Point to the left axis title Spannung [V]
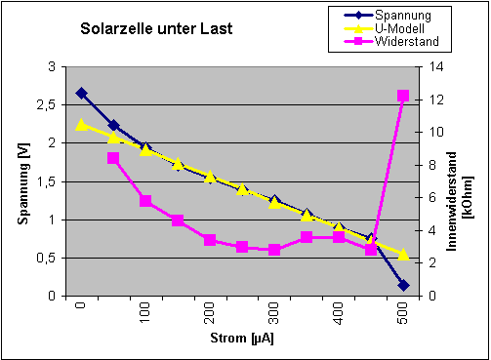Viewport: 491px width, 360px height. pyautogui.click(x=23, y=181)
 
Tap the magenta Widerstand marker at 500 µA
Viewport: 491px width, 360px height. pyautogui.click(x=403, y=96)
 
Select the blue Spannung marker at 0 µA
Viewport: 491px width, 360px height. pyautogui.click(x=81, y=93)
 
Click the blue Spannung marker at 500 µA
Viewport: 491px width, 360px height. pyautogui.click(x=403, y=285)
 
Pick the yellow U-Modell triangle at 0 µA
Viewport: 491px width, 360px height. pyautogui.click(x=81, y=124)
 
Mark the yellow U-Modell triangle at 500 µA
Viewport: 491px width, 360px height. pyautogui.click(x=403, y=254)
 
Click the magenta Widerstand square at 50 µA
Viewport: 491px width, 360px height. pyautogui.click(x=113, y=158)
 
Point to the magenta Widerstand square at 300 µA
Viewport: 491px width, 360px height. pyautogui.click(x=274, y=250)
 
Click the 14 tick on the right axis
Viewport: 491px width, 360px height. pyautogui.click(x=428, y=67)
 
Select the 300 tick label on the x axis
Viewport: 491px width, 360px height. pyautogui.click(x=274, y=315)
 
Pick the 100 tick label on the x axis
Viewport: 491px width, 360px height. pyautogui.click(x=145, y=315)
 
